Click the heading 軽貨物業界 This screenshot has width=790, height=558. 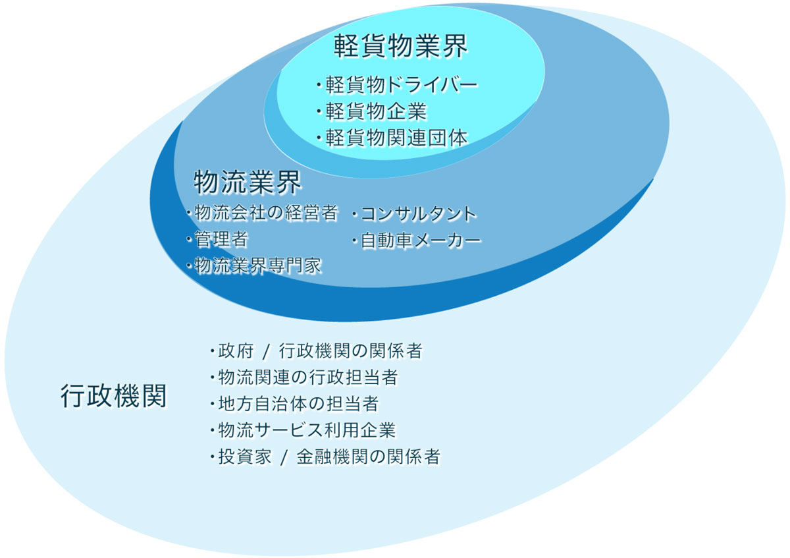click(x=400, y=46)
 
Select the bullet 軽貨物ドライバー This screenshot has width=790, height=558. click(x=397, y=85)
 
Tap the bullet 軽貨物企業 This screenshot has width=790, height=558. click(x=371, y=111)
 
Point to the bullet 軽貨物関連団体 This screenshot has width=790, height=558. click(x=392, y=138)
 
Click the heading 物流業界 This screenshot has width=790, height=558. click(x=248, y=182)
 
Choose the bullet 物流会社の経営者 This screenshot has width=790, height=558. click(x=263, y=213)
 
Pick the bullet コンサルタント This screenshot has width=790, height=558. click(x=414, y=214)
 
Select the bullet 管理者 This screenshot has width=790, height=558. click(x=217, y=239)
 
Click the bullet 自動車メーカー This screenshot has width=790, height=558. click(x=417, y=240)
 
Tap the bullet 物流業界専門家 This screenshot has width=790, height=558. click(x=254, y=265)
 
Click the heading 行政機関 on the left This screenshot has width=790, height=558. click(x=113, y=396)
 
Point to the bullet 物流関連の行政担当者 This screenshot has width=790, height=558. click(x=304, y=377)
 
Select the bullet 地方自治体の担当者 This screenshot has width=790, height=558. click(x=294, y=404)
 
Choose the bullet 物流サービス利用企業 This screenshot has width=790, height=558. click(x=303, y=430)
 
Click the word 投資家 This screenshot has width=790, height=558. click(x=245, y=457)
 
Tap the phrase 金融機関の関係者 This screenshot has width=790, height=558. click(x=369, y=457)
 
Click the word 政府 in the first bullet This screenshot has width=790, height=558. click(x=236, y=351)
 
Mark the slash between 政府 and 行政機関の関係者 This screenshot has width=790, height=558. click(x=266, y=352)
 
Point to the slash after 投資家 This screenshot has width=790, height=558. click(x=284, y=458)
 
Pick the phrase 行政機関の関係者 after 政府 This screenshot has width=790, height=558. click(x=351, y=351)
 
